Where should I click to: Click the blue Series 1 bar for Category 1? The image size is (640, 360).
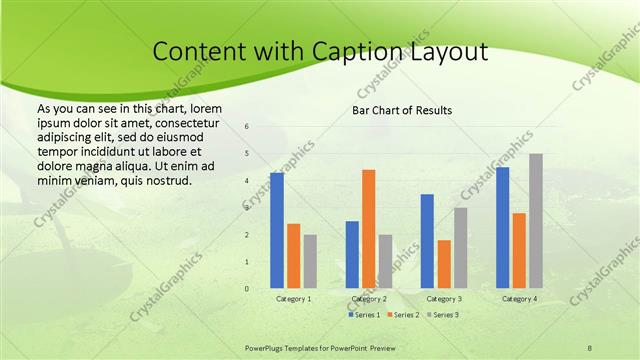pos(277,231)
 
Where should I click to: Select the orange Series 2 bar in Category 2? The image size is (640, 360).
pos(369,229)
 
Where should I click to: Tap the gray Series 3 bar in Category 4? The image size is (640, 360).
pos(536,221)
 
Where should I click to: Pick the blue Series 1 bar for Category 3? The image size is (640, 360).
pos(427,241)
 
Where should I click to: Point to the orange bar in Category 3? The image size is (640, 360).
pos(444,264)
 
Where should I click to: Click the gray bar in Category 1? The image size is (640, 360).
pos(310,261)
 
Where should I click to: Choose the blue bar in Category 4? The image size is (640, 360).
pos(502,228)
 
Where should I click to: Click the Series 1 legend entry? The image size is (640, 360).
pos(364,315)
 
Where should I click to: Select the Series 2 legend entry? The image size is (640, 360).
pos(404,315)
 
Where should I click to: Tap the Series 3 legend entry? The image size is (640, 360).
pos(443,315)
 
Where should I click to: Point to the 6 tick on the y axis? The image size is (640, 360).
pos(247,127)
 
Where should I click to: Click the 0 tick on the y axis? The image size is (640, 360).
pos(247,289)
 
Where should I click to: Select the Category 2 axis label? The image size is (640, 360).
pos(369,299)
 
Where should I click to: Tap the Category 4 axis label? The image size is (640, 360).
pos(519,299)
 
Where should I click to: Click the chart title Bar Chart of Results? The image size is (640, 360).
pos(402,109)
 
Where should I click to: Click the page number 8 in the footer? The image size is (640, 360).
pos(590,347)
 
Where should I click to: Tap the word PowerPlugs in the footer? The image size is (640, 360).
pos(266,347)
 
